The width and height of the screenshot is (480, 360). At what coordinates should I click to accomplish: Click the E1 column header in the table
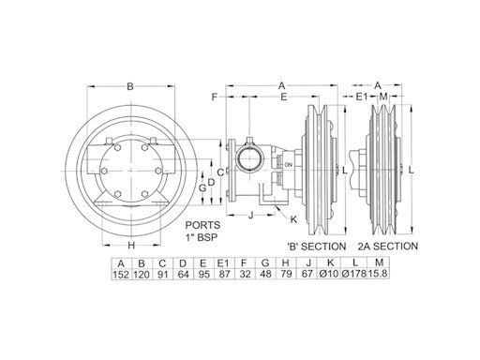click(x=223, y=263)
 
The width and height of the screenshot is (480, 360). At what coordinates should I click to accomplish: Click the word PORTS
click(x=202, y=225)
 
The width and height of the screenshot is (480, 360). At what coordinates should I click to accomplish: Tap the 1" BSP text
click(x=202, y=238)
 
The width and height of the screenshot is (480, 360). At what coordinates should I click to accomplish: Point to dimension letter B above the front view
click(x=130, y=86)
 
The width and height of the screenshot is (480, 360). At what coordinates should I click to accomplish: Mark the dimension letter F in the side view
click(x=215, y=97)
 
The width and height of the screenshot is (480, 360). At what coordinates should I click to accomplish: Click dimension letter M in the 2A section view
click(x=382, y=97)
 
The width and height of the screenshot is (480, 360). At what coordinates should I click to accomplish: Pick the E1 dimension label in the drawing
click(x=362, y=97)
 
